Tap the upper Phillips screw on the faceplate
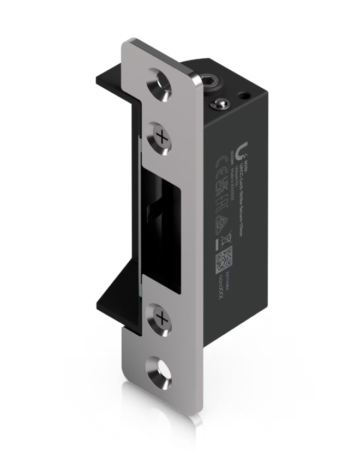(160, 134)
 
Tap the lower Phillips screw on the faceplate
(160, 317)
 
